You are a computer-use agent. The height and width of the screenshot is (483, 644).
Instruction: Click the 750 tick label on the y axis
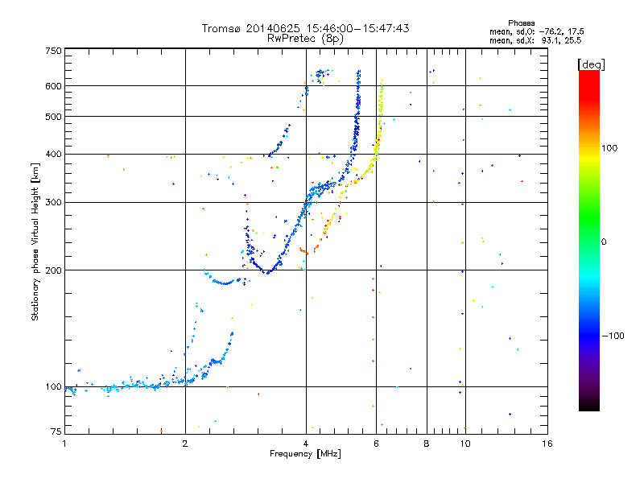point(53,50)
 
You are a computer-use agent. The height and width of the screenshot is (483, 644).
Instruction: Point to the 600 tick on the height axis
point(53,85)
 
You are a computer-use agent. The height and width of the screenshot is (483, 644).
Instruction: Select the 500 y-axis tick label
point(53,116)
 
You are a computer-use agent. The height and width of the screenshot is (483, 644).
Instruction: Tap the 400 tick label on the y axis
point(53,153)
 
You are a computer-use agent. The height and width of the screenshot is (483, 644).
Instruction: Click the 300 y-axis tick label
point(53,202)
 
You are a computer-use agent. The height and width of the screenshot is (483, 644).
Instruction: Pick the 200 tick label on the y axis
point(53,270)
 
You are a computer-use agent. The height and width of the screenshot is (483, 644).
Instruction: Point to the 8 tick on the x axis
point(427,444)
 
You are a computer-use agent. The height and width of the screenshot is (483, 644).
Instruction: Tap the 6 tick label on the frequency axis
point(376,444)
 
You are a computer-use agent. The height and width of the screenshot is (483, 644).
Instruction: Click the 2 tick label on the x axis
point(185,444)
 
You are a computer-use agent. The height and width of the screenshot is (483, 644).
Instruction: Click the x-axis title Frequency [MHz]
point(305,454)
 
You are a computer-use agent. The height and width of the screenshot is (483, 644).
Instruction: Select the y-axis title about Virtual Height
point(35,242)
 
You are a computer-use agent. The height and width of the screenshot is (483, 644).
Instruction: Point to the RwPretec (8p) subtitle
point(305,38)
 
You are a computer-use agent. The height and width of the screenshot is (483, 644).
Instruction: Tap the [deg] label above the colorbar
point(592,64)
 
